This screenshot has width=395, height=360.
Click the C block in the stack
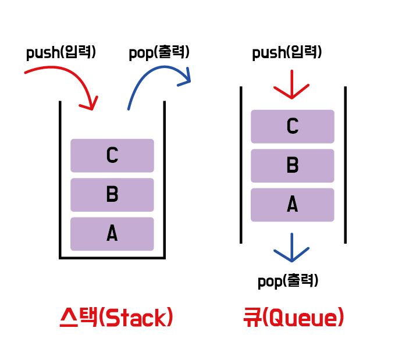pyautogui.click(x=112, y=155)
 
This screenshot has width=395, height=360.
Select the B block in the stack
pyautogui.click(x=112, y=195)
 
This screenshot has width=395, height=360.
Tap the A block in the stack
pyautogui.click(x=112, y=234)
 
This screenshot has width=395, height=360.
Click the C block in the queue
pyautogui.click(x=293, y=126)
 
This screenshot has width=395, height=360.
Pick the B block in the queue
pyautogui.click(x=293, y=166)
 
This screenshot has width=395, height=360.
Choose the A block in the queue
pyautogui.click(x=293, y=205)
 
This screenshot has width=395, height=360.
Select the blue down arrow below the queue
pyautogui.click(x=291, y=248)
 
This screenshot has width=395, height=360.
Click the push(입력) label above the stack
pyautogui.click(x=61, y=53)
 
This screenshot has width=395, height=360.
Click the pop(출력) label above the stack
pyautogui.click(x=159, y=53)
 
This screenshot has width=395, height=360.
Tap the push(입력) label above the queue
pyautogui.click(x=287, y=54)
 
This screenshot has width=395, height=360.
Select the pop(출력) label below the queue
pyautogui.click(x=288, y=282)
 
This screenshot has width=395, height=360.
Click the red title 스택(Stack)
pyautogui.click(x=116, y=318)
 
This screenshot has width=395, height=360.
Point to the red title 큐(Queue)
pyautogui.click(x=293, y=318)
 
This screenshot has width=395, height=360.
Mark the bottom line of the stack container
pyautogui.click(x=112, y=256)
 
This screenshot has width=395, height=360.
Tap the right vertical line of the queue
pyautogui.click(x=346, y=165)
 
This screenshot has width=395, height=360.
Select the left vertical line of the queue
pyautogui.click(x=241, y=165)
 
